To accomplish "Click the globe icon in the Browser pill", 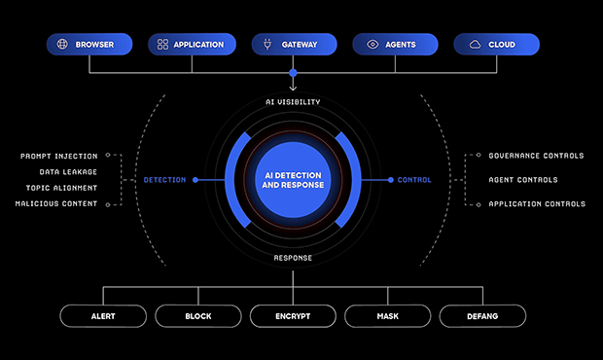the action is (62, 44).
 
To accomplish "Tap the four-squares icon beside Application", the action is (162, 44).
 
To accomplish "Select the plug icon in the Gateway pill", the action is (267, 44).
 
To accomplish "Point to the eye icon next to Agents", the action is (372, 44).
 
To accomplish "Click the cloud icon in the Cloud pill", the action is (475, 45).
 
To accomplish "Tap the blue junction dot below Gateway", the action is (293, 73).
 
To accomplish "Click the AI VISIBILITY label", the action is (293, 102).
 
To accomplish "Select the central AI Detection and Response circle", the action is (293, 180).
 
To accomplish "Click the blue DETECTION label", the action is (164, 180).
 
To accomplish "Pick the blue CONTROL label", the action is (414, 180).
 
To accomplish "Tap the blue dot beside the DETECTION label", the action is (195, 180).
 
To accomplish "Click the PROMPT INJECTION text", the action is (58, 156).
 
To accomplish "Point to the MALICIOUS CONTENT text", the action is (56, 203).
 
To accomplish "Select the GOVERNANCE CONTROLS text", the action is (536, 156).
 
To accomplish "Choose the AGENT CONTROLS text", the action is (523, 180).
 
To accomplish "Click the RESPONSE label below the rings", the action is (293, 258).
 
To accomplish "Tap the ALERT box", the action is (103, 316).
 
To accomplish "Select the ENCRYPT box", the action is (293, 316).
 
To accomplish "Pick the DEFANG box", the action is (482, 316).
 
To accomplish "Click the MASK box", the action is (388, 316).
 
